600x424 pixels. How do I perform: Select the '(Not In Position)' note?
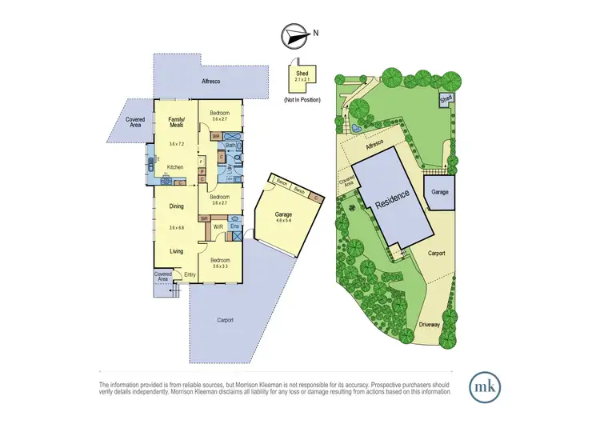[x=302, y=99]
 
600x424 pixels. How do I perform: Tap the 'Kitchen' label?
[x=175, y=166]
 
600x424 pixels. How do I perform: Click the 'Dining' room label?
[x=176, y=206]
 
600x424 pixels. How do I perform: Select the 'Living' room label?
[x=176, y=251]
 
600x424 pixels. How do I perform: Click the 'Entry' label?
[x=189, y=275]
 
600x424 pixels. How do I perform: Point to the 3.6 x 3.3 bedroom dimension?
[x=220, y=266]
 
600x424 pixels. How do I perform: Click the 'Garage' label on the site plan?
[x=439, y=193]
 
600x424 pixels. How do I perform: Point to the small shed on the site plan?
[x=445, y=98]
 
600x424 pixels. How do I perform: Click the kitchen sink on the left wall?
[x=150, y=166]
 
